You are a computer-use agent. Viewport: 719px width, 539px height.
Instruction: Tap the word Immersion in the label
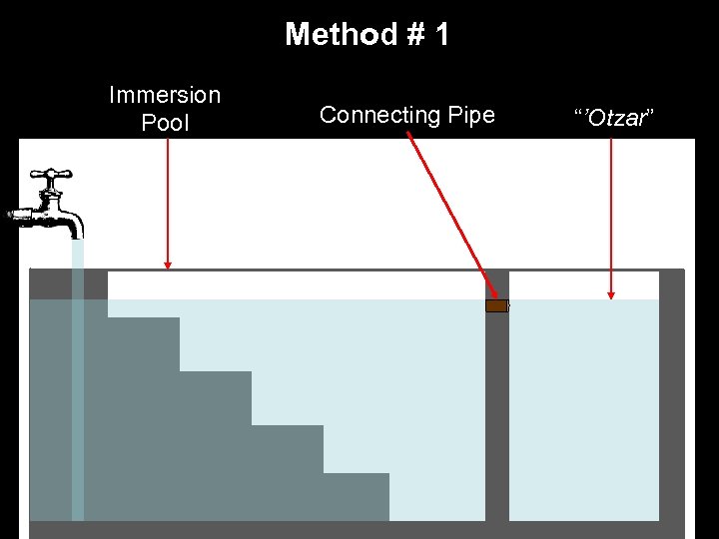click(165, 96)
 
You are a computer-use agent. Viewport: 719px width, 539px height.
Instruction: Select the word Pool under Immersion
click(165, 123)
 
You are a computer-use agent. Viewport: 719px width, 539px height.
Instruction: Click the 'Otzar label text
click(612, 119)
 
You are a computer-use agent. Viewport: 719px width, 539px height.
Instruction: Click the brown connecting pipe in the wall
click(496, 305)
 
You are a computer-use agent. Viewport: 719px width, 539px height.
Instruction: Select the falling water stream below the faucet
click(77, 379)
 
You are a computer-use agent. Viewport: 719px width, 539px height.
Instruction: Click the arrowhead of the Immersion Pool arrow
click(168, 265)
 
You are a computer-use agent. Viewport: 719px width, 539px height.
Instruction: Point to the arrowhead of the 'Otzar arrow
click(611, 294)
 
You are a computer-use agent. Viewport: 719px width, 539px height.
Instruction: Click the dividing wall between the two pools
click(497, 419)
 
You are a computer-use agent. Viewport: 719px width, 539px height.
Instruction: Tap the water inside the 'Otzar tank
click(584, 409)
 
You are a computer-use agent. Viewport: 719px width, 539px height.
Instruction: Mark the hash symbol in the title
click(408, 35)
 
